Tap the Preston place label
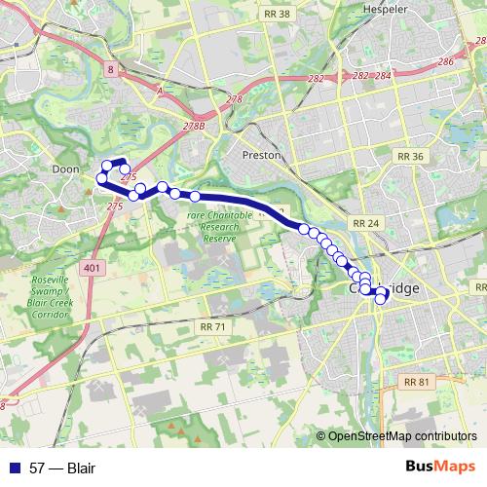[263, 155]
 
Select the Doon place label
[65, 169]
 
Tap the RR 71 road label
[211, 327]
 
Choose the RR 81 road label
[416, 382]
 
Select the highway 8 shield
[112, 69]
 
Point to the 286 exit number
[446, 61]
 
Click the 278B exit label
[193, 127]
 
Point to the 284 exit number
[383, 75]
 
